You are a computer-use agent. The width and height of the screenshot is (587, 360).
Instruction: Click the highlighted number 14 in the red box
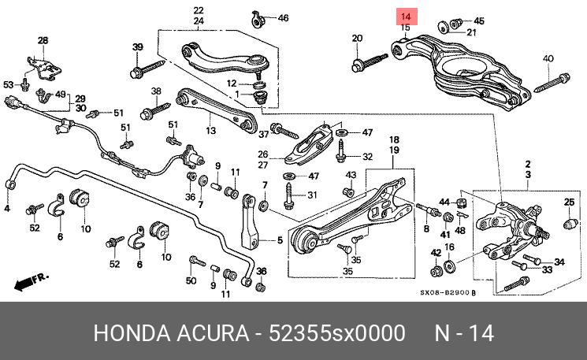point(406,17)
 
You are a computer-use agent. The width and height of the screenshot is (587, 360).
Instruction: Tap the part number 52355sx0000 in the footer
point(337,333)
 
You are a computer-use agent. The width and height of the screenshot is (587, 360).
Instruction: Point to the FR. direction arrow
point(32,281)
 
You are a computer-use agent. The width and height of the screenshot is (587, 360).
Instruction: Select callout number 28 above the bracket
point(43,40)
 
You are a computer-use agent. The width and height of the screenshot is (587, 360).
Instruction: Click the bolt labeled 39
point(147,69)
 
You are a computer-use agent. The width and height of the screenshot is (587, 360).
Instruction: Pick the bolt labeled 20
point(370,63)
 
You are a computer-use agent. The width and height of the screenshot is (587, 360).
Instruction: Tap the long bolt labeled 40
point(552,83)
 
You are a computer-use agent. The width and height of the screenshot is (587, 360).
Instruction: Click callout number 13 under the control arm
point(210,131)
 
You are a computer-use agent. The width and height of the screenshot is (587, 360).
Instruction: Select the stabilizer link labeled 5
point(250,221)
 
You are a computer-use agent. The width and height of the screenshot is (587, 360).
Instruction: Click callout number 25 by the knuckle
point(569,202)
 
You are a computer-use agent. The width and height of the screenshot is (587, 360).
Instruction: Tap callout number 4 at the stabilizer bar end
point(7,209)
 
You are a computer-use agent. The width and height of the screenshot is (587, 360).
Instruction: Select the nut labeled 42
point(436,271)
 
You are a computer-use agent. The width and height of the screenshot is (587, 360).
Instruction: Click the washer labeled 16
point(449,266)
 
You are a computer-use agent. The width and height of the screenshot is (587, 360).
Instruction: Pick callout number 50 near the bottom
point(191,280)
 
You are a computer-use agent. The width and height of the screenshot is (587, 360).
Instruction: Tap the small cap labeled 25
point(569,224)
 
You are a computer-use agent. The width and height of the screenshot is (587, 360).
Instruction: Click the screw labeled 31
point(288,195)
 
